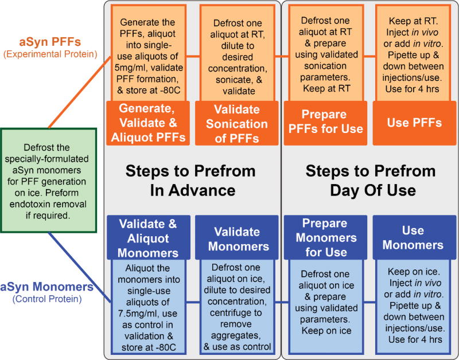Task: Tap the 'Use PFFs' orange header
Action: (x=412, y=123)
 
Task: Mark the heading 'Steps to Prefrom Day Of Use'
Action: (x=370, y=180)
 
